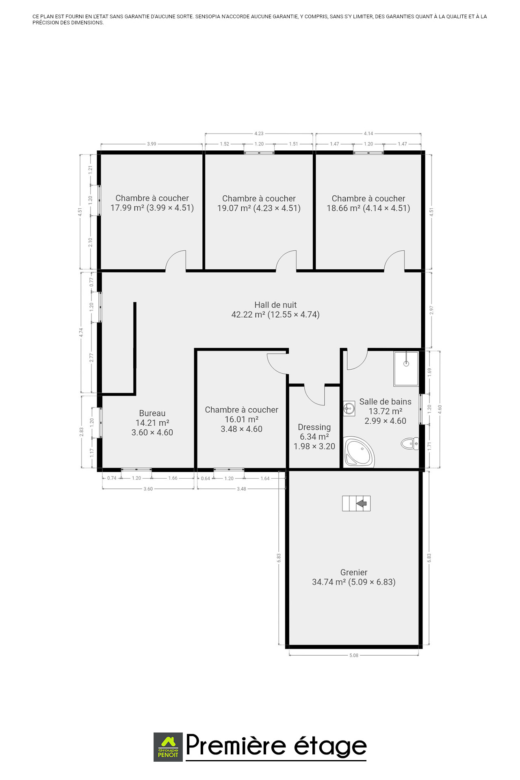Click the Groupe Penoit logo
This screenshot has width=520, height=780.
click(x=168, y=747)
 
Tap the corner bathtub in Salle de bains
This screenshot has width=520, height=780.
click(x=359, y=452)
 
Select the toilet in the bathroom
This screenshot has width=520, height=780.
click(x=410, y=443)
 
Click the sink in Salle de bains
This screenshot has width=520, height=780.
click(x=349, y=408)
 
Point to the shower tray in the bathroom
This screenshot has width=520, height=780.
click(x=406, y=369)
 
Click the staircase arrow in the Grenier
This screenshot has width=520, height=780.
click(x=361, y=504)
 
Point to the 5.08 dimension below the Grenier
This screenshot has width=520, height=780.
click(x=354, y=655)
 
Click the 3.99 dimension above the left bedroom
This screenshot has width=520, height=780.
click(x=152, y=144)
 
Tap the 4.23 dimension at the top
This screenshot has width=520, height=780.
click(x=259, y=133)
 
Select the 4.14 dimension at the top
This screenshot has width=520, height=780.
click(x=368, y=133)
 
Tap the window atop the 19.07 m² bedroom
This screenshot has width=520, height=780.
click(x=259, y=153)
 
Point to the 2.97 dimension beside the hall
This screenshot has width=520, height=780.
click(x=431, y=310)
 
